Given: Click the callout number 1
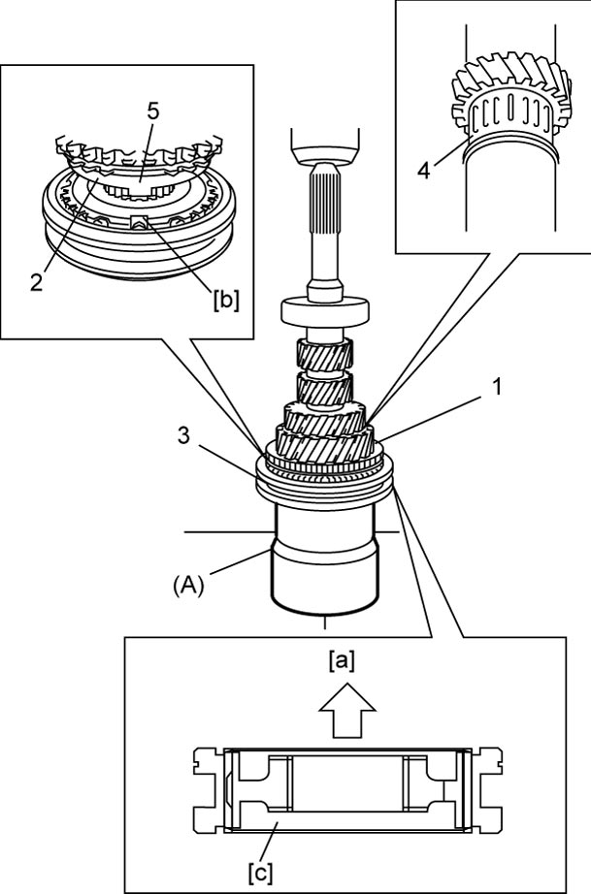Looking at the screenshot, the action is (x=498, y=387).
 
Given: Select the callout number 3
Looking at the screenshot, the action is (x=183, y=436).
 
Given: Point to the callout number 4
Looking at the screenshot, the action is (x=423, y=171).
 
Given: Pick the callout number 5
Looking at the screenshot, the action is (x=152, y=112).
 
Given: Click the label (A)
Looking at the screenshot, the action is (x=188, y=586).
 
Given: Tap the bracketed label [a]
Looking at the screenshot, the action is (x=342, y=661).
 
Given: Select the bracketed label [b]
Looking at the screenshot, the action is (x=226, y=300).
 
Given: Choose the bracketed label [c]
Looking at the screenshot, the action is (x=260, y=872).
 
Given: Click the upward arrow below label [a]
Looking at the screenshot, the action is (x=346, y=712).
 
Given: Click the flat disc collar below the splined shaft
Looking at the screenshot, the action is (x=326, y=311).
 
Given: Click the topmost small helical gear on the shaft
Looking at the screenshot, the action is (x=324, y=354).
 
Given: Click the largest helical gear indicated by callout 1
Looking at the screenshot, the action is (x=325, y=442).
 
